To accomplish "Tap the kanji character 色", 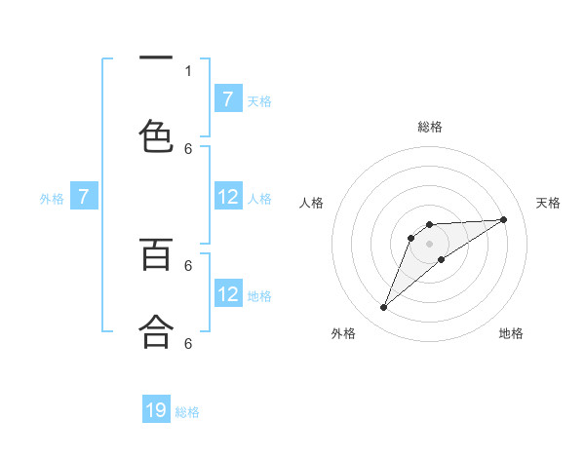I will [x=156, y=134].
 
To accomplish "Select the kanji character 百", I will [x=156, y=254].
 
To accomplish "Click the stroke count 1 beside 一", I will [x=188, y=70].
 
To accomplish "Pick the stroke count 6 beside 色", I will [x=188, y=148].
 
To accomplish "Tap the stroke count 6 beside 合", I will [x=188, y=343].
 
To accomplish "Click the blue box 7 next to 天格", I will [x=227, y=99].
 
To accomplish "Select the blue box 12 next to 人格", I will [x=227, y=197].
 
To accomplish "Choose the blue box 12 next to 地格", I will [x=227, y=294].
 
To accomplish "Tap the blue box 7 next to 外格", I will [x=84, y=198].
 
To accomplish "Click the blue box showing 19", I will [x=156, y=410].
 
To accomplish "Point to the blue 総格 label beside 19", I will [x=187, y=412].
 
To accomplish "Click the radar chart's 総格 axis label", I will [x=429, y=127].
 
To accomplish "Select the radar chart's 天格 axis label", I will [x=549, y=203].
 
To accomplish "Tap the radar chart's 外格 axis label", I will [x=343, y=333].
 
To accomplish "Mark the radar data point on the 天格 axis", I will [x=504, y=219].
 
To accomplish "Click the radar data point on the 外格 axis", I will [x=383, y=308].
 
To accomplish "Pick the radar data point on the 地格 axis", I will [x=442, y=259].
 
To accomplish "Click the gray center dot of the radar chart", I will [x=429, y=244].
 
